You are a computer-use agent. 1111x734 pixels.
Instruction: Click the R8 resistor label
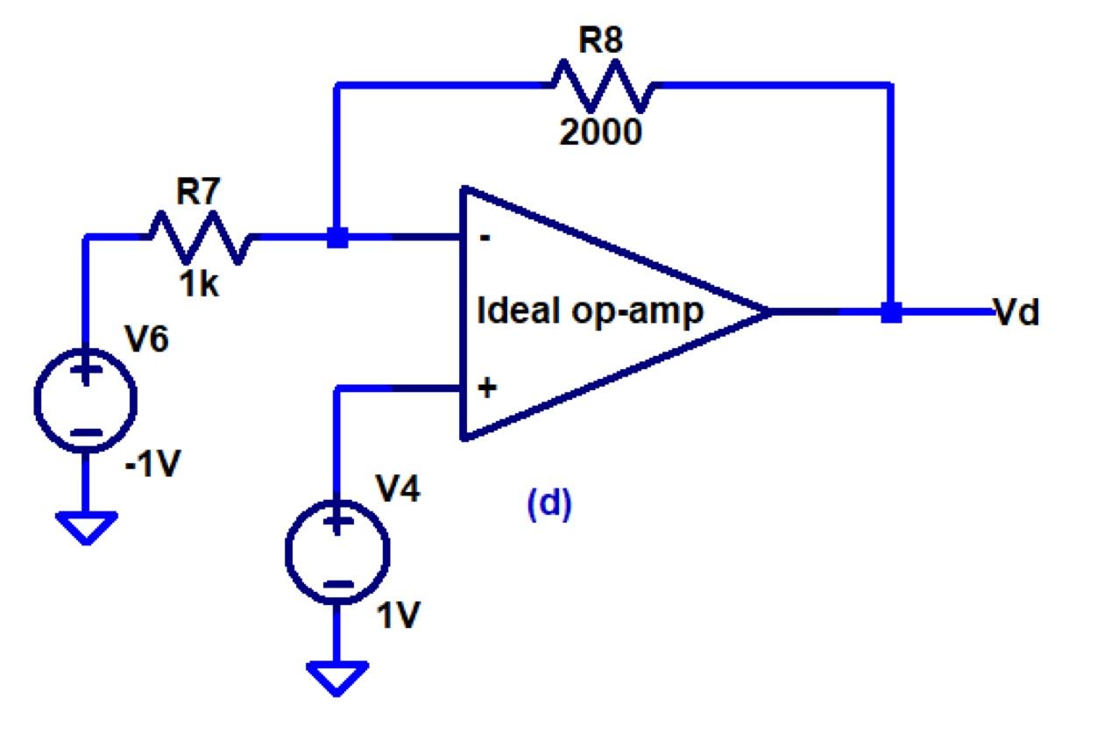coord(601,41)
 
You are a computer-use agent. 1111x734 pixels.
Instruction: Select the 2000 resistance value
coord(601,132)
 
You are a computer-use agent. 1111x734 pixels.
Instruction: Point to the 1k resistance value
coord(199,285)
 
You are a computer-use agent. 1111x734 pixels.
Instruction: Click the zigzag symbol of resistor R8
coord(601,85)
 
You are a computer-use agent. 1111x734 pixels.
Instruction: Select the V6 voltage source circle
coord(85,400)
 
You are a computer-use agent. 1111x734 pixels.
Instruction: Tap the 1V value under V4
coord(399,617)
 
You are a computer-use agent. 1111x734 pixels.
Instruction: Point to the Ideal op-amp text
coord(590,311)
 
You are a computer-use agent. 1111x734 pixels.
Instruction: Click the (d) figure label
coord(548,505)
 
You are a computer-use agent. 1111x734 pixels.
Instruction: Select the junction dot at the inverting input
coord(336,237)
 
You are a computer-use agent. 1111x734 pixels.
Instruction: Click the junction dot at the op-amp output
coord(891,312)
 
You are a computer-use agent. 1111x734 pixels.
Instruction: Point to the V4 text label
coord(399,491)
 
